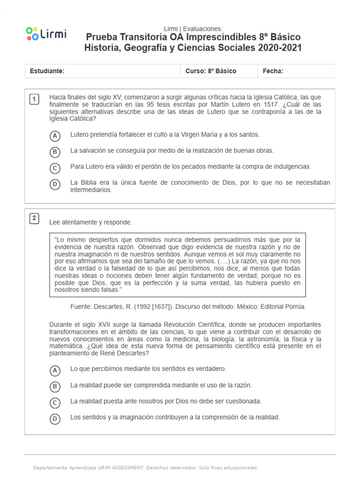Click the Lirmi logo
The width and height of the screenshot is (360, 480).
coord(46,34)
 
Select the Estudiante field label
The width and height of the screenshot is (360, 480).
coord(47,71)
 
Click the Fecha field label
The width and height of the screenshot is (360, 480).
coord(273,71)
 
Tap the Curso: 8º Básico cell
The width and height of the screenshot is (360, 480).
coord(211,71)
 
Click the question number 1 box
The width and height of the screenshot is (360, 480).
coord(34,99)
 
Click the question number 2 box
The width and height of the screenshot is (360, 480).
coord(34,218)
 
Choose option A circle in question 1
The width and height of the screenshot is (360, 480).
coord(55,136)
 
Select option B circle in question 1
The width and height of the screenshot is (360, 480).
coord(55,152)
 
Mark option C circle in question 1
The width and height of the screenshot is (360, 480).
coord(55,168)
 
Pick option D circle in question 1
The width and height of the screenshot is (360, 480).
coord(55,184)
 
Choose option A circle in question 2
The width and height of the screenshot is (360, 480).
coord(55,370)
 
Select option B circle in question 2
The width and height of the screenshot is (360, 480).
coord(55,386)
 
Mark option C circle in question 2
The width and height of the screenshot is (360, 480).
coord(55,403)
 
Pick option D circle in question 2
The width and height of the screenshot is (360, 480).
coord(55,419)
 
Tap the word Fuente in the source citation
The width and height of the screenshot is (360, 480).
coord(79,307)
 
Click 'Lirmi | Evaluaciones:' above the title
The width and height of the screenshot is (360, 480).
coord(193,29)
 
